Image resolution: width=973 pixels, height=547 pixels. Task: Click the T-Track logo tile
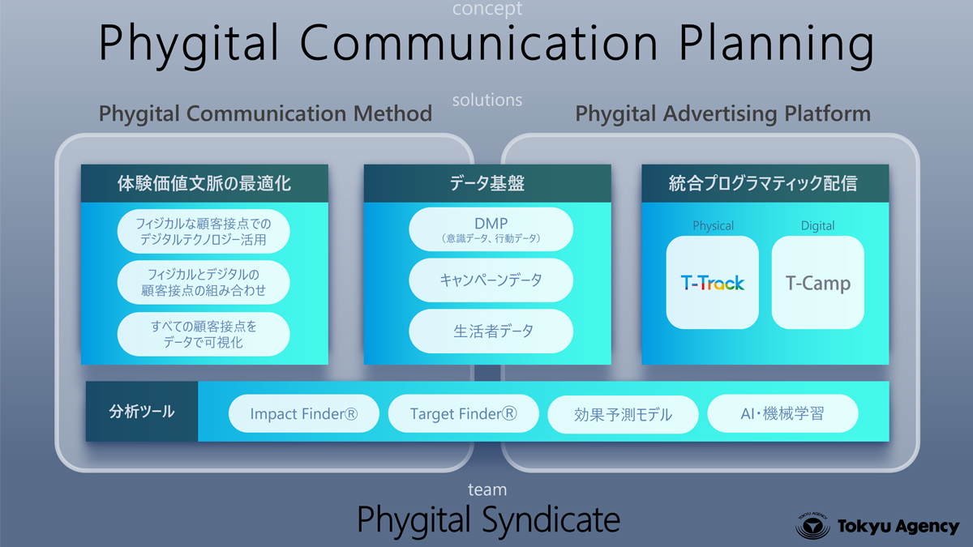[x=713, y=282]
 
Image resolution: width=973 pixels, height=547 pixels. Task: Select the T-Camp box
[x=818, y=282]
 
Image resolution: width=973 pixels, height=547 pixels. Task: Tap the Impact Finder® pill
[x=303, y=413]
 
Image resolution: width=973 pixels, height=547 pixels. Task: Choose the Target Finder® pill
[x=464, y=413]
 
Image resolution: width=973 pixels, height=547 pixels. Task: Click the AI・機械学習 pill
[x=782, y=413]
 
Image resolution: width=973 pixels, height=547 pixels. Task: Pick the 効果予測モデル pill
[x=623, y=414]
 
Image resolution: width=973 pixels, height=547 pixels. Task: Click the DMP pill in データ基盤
[x=491, y=229]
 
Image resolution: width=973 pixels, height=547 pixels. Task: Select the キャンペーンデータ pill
[x=491, y=280]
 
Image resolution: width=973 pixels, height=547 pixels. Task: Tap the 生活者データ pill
[x=491, y=331]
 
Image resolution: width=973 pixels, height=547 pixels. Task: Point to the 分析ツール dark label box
[x=142, y=412]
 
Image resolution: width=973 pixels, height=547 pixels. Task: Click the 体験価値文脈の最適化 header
[x=204, y=183]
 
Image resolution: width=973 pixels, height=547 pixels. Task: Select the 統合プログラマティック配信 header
[x=765, y=183]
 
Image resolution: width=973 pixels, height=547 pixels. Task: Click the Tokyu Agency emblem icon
[x=812, y=526]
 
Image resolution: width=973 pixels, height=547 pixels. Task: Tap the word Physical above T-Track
[x=713, y=226]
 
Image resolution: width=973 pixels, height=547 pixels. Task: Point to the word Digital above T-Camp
[x=817, y=226]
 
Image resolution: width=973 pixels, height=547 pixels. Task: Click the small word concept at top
[x=487, y=9]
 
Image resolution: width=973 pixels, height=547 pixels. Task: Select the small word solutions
[x=487, y=100]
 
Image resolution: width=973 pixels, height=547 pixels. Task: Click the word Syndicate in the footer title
[x=551, y=519]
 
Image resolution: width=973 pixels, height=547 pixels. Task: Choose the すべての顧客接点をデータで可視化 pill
[x=204, y=334]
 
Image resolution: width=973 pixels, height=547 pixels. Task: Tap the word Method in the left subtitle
[x=392, y=113]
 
